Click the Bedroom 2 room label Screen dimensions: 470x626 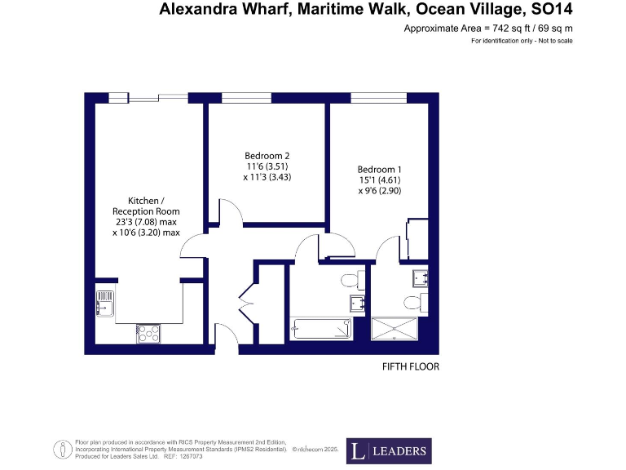(267, 156)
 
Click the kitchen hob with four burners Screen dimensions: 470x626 (148, 333)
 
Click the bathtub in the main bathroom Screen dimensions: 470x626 (321, 330)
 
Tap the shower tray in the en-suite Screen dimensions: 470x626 (395, 330)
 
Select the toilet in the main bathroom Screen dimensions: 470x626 (350, 282)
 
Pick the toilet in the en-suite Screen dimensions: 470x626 (415, 303)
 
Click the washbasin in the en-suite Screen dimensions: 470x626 (420, 278)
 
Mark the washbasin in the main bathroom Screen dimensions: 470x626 (356, 304)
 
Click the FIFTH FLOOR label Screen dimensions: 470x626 (411, 367)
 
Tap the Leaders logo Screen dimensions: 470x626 (388, 450)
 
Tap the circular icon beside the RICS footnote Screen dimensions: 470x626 (61, 450)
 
